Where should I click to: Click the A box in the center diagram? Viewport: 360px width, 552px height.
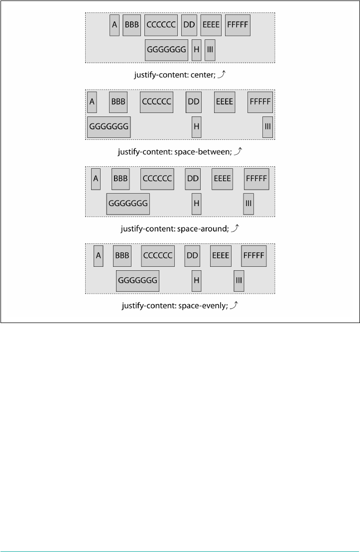point(115,25)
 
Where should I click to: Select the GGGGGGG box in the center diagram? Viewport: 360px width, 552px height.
point(166,50)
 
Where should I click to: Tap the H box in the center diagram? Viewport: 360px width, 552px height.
point(196,50)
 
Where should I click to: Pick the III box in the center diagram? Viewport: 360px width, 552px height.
point(210,50)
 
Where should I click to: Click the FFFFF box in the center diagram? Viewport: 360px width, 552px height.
point(237,25)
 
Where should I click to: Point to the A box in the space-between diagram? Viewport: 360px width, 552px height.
point(92,102)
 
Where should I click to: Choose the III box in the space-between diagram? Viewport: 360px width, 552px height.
point(268,127)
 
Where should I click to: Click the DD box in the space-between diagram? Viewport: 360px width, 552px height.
point(193,102)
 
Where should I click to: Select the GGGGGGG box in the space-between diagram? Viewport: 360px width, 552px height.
point(109,127)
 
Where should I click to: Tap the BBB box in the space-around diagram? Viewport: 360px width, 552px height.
point(120,178)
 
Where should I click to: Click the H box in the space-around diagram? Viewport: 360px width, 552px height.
point(196,204)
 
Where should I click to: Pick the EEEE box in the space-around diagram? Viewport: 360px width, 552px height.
point(222,178)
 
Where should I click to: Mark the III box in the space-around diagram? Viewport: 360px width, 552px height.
point(248,204)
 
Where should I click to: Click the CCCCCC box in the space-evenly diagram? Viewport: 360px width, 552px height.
point(157,255)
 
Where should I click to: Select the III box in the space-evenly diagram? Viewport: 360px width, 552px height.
point(239,281)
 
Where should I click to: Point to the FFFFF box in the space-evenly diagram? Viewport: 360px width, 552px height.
point(254,255)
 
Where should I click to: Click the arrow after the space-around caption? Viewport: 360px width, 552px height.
point(237,228)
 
